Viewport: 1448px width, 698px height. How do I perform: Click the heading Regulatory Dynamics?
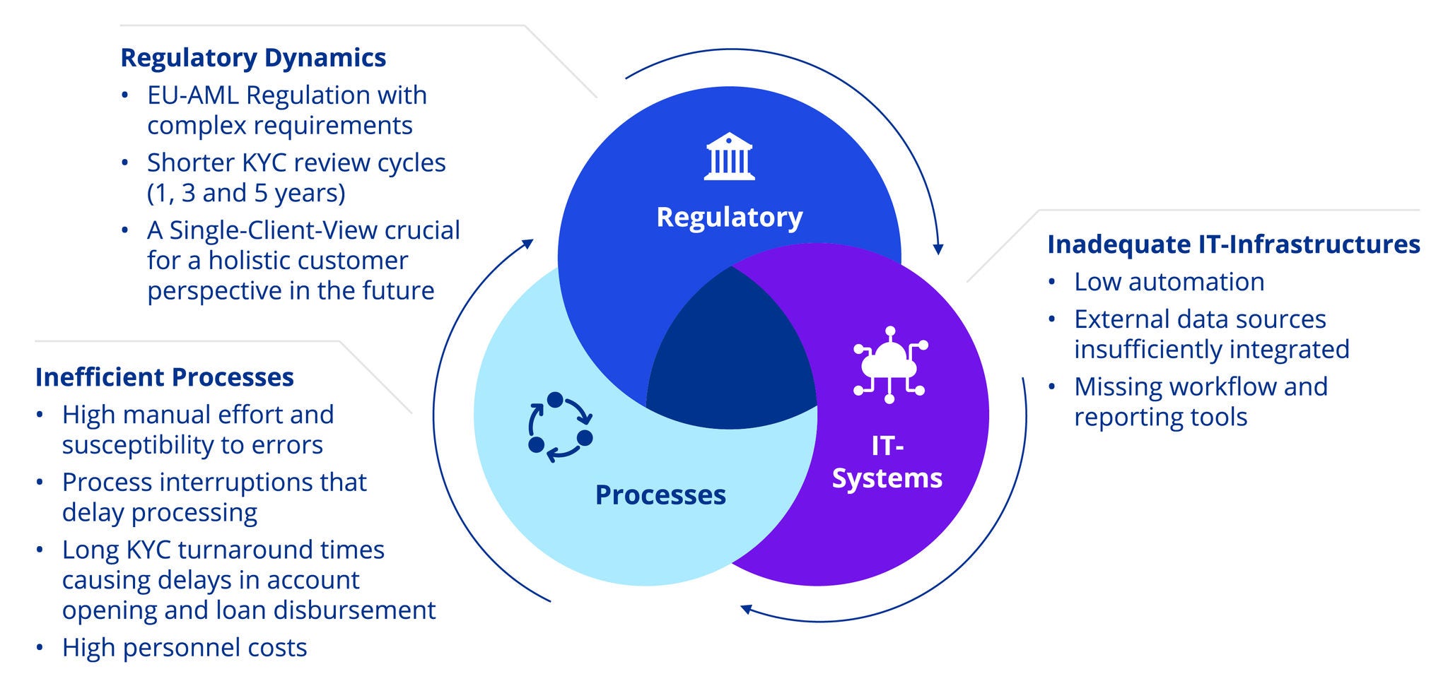[253, 57]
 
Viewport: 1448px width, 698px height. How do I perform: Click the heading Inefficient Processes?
[164, 377]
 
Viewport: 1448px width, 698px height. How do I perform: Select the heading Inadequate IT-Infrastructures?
[1233, 244]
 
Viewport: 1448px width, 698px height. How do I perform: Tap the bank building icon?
[729, 156]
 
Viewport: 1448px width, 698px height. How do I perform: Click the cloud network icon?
[889, 365]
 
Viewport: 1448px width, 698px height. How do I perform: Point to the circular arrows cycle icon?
[560, 427]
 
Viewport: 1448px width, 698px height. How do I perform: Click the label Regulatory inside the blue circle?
[729, 216]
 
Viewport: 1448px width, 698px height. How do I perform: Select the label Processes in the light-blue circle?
[660, 495]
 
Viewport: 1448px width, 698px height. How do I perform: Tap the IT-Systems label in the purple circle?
[887, 462]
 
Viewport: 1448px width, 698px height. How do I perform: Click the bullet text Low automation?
[1169, 281]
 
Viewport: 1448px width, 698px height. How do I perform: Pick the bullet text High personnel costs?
[185, 647]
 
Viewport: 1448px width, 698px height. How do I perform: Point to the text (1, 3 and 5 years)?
[246, 193]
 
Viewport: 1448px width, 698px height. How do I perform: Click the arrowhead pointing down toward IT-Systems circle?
[938, 249]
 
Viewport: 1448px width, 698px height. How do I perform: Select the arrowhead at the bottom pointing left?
[746, 609]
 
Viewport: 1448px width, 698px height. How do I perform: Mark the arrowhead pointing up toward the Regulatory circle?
[527, 244]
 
